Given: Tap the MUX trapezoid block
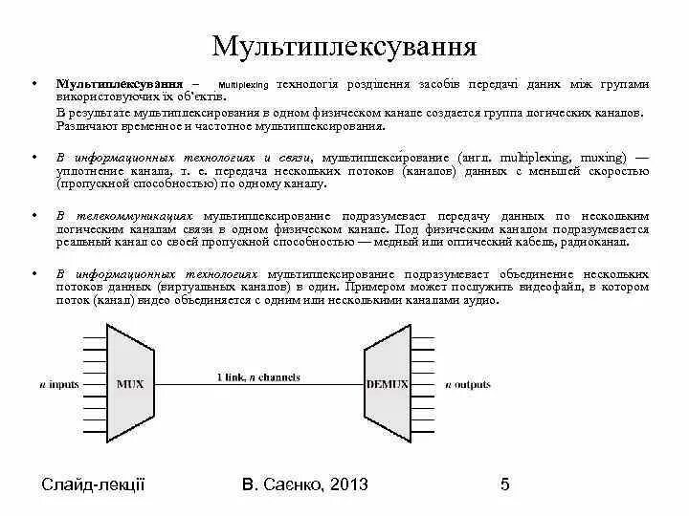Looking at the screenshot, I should [x=129, y=384].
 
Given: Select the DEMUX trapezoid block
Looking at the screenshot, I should [x=388, y=384].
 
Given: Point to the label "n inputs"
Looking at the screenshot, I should [x=58, y=384].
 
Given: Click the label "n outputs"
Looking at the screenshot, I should [x=468, y=384].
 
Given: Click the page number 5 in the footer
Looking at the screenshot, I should [x=504, y=484].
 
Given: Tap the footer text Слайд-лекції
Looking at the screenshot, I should [x=93, y=484].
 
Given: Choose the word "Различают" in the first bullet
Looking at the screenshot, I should [x=82, y=125].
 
